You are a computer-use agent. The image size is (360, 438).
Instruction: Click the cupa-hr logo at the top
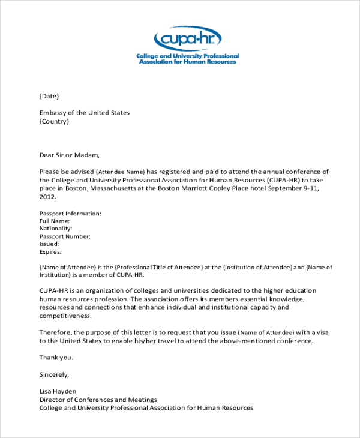[187, 45]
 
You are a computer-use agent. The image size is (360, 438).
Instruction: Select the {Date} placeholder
[49, 96]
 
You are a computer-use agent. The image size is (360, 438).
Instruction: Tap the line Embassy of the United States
[85, 113]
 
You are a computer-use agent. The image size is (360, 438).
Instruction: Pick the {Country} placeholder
[54, 121]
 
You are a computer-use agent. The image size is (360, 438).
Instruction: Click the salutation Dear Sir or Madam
[69, 154]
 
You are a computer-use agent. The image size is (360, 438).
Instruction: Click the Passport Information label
[70, 213]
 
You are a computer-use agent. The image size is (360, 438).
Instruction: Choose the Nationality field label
[56, 229]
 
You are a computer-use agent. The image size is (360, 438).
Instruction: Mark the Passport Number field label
[65, 236]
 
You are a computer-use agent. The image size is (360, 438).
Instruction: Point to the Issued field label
[49, 244]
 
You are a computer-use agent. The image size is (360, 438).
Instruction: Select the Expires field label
[50, 252]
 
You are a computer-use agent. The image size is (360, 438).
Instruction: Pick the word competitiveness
[65, 316]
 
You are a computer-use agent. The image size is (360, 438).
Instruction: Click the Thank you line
[56, 358]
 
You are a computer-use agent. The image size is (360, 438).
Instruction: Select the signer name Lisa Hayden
[58, 391]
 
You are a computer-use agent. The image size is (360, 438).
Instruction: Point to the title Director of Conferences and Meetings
[98, 400]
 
